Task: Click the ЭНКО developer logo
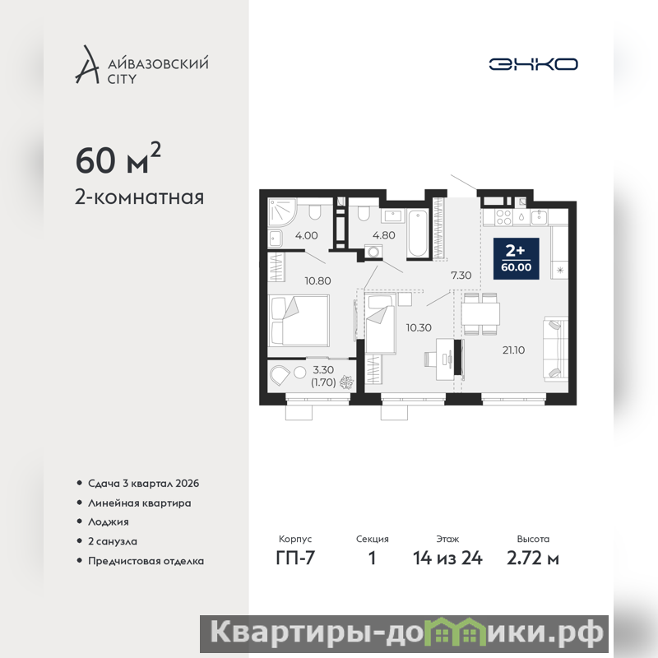[533, 64]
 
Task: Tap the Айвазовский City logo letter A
[87, 64]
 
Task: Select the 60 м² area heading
[118, 159]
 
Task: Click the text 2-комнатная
[139, 197]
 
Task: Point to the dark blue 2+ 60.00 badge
[517, 258]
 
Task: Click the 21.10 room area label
[513, 350]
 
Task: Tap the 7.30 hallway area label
[461, 276]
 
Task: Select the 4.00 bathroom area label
[306, 235]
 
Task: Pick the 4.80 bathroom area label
[383, 235]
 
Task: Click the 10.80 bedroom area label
[317, 280]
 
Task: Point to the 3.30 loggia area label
[323, 369]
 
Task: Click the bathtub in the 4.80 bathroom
[418, 234]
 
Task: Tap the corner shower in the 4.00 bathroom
[282, 212]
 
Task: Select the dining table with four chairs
[480, 314]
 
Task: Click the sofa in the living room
[556, 349]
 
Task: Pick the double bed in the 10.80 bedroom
[299, 320]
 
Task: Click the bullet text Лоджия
[109, 522]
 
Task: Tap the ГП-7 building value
[295, 558]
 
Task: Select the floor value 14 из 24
[447, 558]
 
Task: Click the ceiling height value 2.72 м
[532, 558]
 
